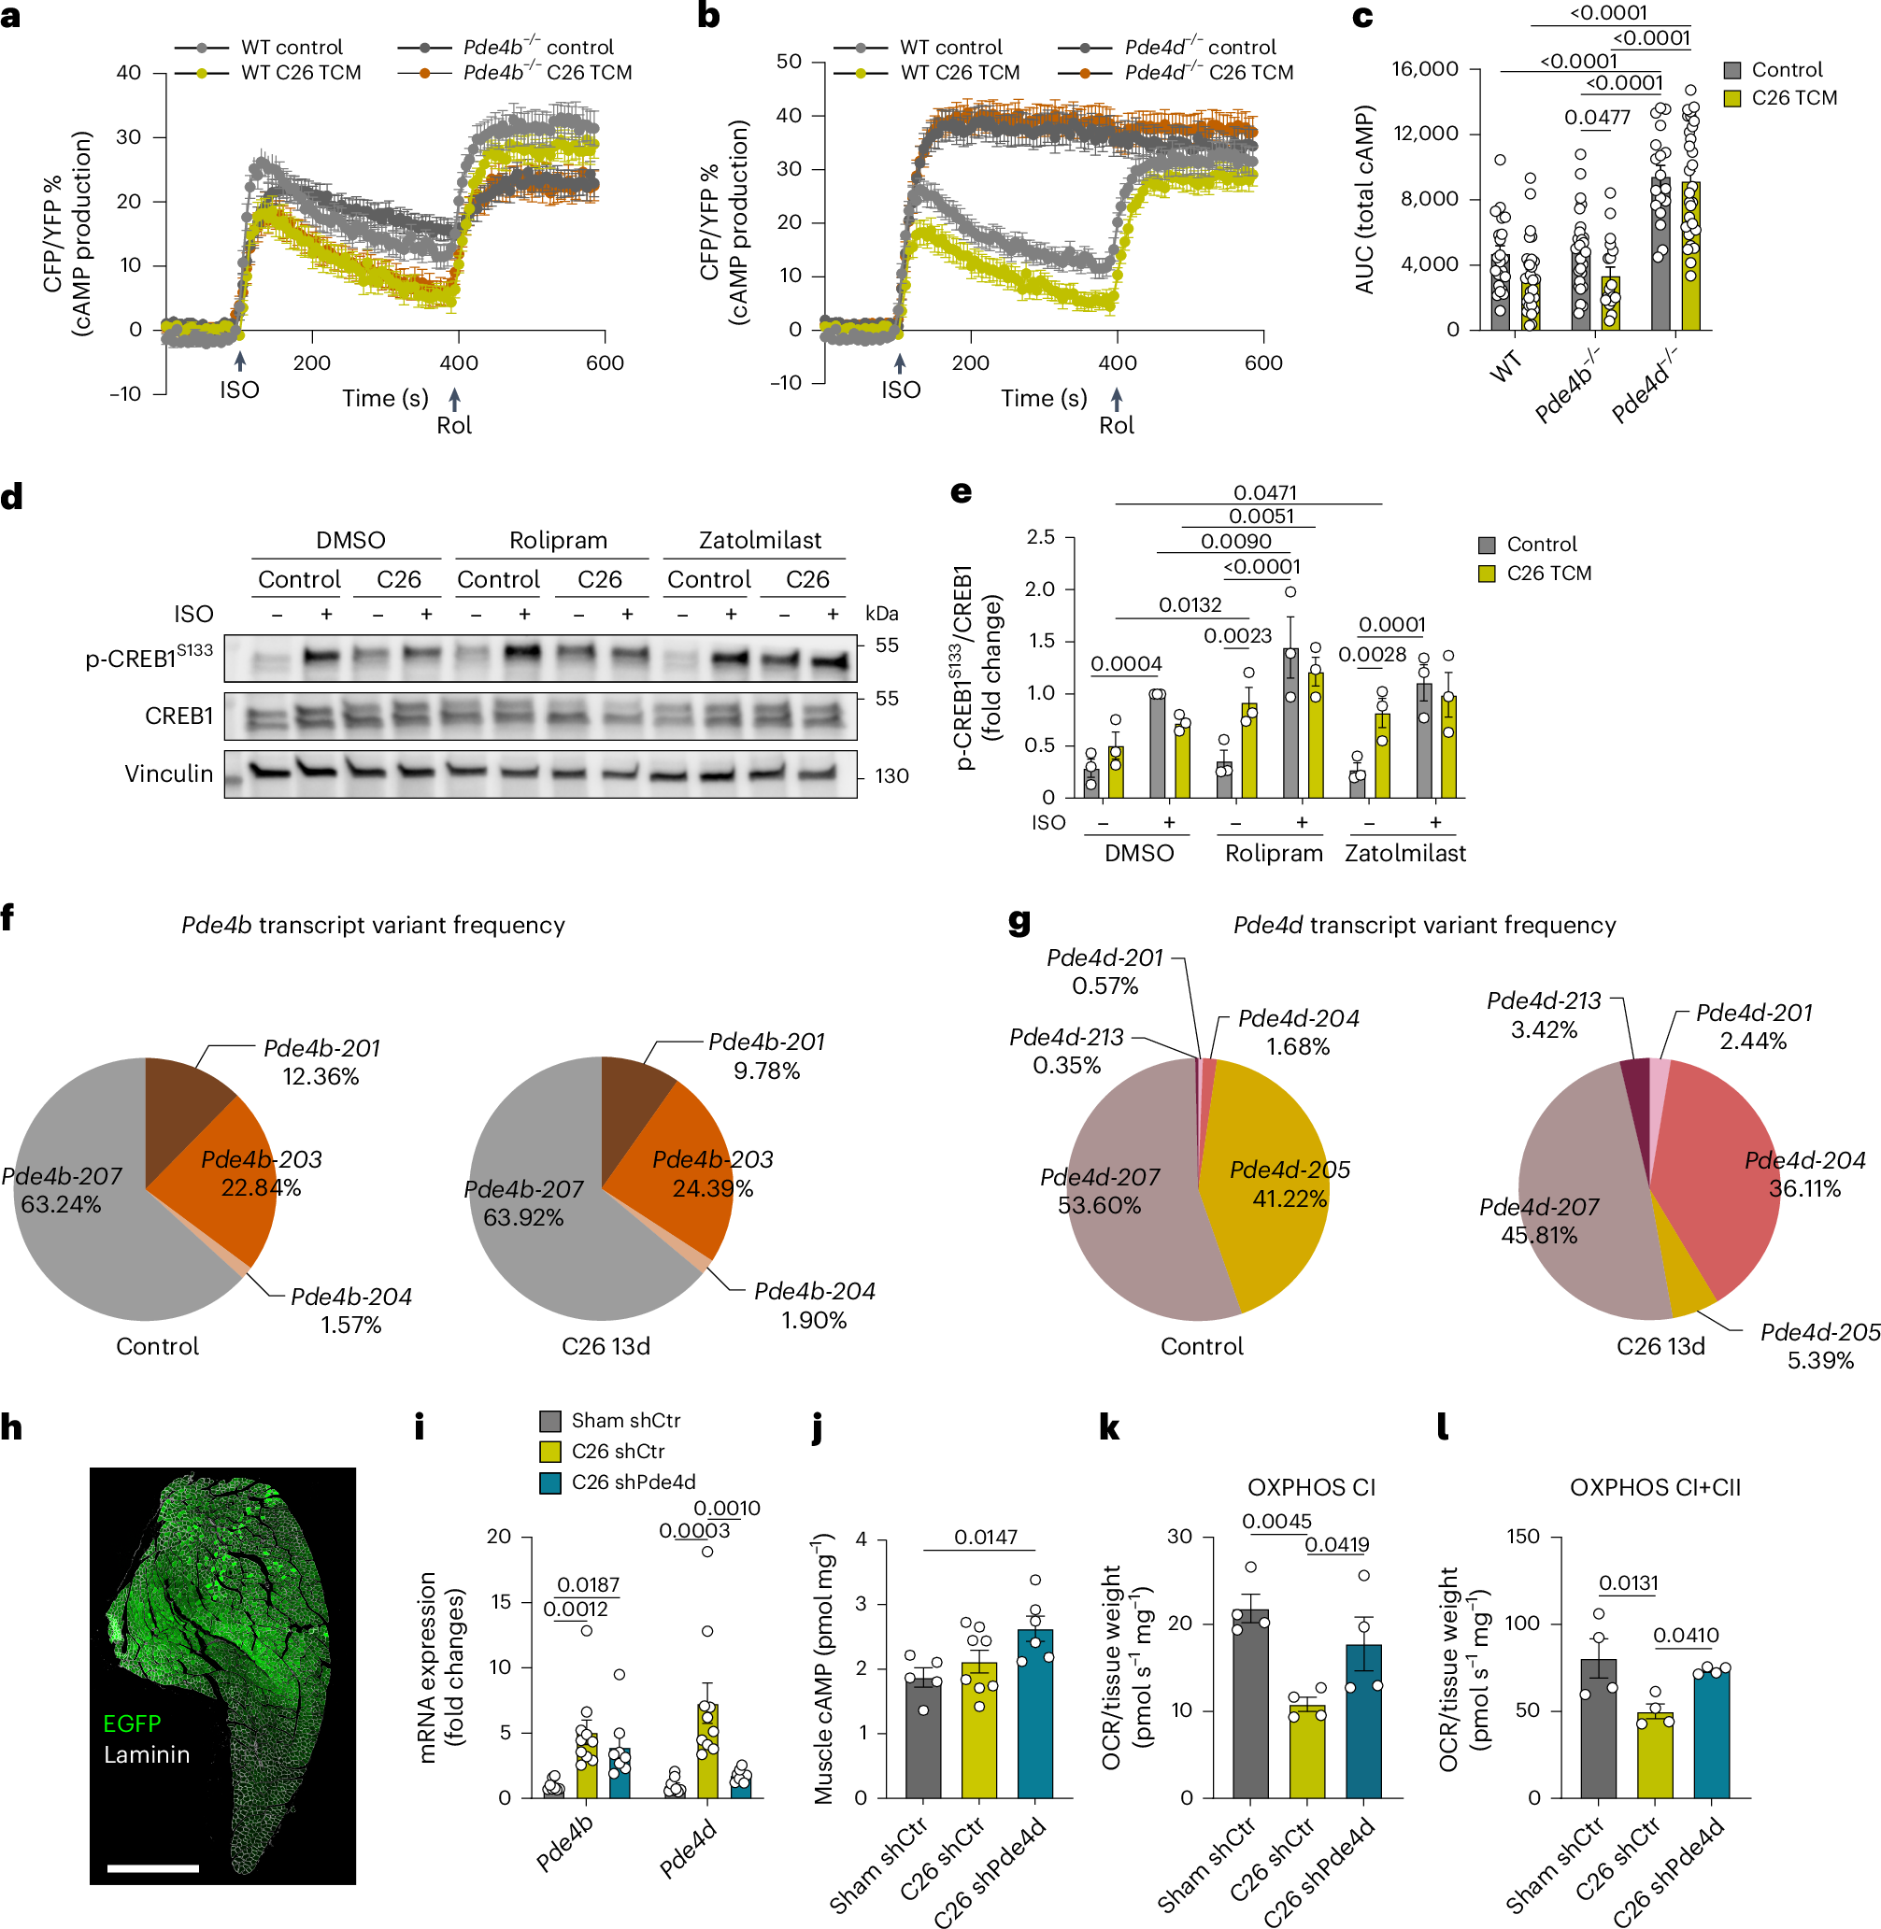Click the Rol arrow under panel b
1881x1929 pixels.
click(x=1117, y=398)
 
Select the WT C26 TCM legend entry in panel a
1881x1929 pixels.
click(x=300, y=73)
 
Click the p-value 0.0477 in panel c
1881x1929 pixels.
click(x=1597, y=118)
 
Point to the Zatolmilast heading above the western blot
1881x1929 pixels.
click(x=760, y=540)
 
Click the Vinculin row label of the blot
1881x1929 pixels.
click(x=168, y=773)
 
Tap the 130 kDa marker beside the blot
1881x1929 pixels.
click(x=891, y=776)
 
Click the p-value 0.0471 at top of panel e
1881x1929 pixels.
click(x=1264, y=492)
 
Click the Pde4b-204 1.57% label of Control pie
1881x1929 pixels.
click(x=350, y=1310)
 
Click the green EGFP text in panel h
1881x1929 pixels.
click(x=132, y=1723)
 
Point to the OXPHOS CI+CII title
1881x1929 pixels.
click(x=1655, y=1487)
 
